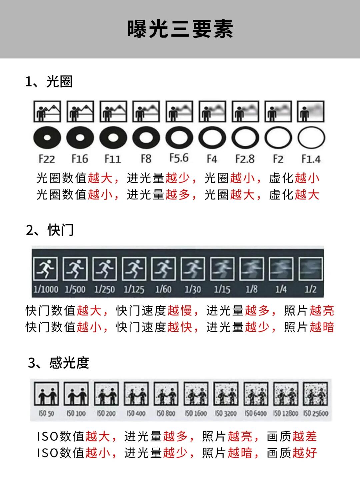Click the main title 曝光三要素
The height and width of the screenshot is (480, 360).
180,29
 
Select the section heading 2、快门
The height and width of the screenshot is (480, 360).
50,230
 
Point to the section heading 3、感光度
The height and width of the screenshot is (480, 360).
59,363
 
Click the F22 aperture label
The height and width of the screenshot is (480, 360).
47,159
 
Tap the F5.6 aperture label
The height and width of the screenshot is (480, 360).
179,158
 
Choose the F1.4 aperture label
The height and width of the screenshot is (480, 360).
311,159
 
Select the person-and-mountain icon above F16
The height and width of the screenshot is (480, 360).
80,111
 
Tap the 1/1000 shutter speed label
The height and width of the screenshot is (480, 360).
46,290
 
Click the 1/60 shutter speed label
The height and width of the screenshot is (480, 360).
163,290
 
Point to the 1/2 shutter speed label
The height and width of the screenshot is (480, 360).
311,290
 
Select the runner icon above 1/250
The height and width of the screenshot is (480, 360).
105,269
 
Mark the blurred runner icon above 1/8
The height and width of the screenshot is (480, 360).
252,269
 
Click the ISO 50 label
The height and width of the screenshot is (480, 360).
46,413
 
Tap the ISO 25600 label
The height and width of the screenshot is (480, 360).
316,413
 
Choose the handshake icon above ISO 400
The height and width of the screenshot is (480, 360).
136,394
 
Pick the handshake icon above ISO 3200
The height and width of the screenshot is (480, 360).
226,394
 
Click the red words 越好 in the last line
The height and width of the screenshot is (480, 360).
305,453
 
